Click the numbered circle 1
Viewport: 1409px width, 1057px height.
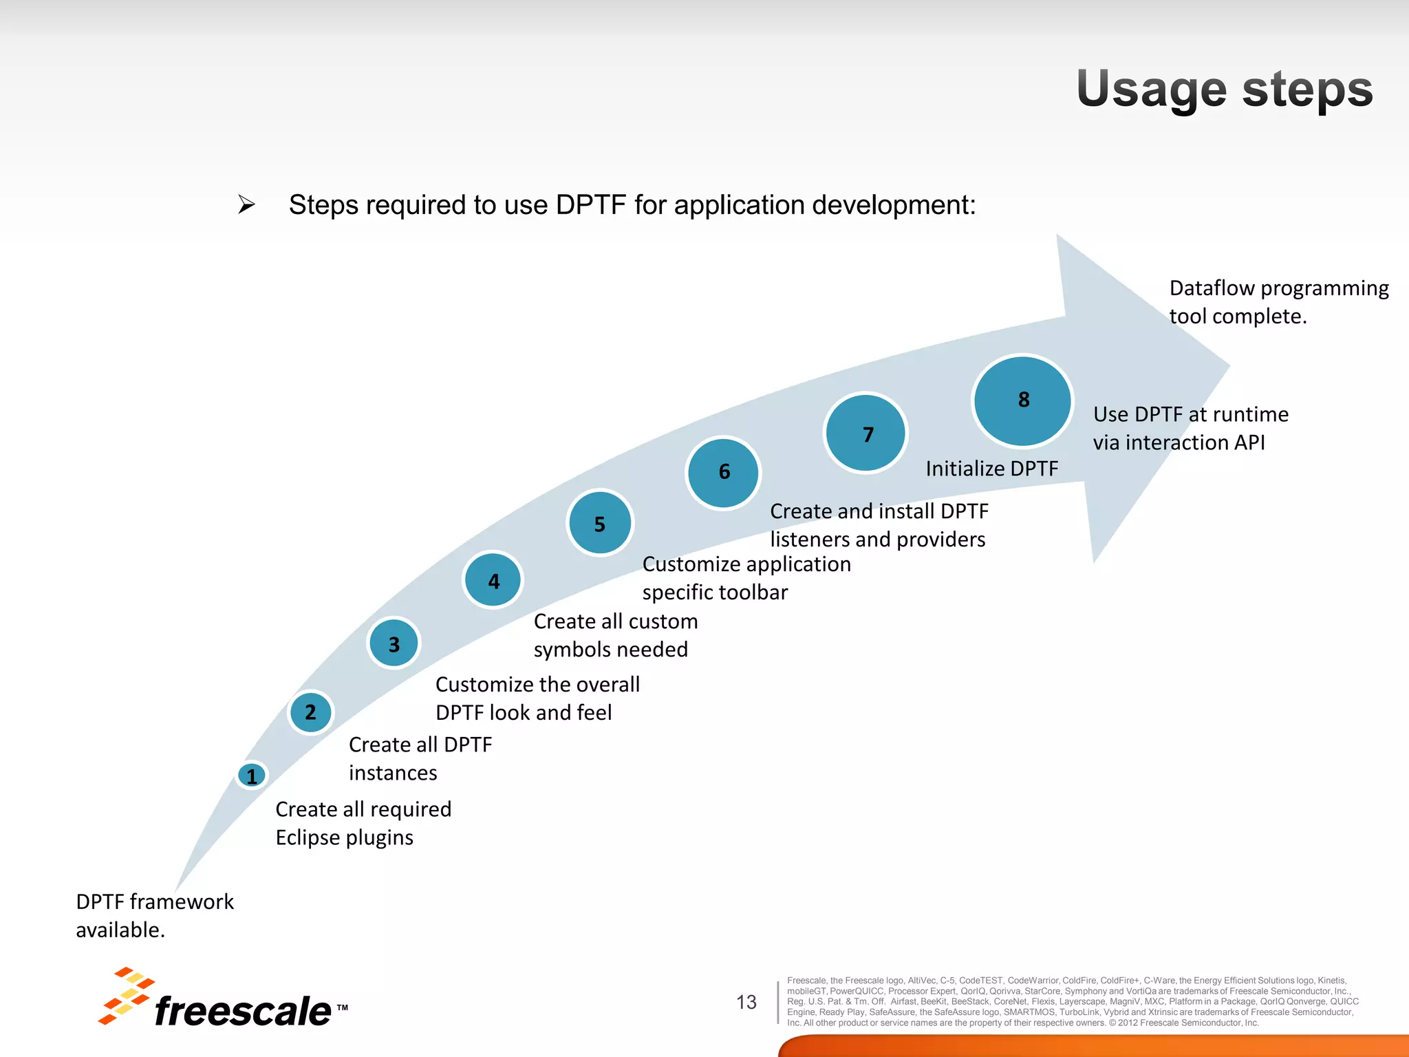pyautogui.click(x=252, y=776)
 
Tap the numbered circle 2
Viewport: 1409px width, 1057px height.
pyautogui.click(x=310, y=712)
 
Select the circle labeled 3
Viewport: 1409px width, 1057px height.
pyautogui.click(x=394, y=643)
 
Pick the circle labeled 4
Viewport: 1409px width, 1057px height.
pyautogui.click(x=493, y=580)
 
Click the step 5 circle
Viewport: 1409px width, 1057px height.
pyautogui.click(x=600, y=524)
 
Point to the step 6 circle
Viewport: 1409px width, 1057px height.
pyautogui.click(x=724, y=472)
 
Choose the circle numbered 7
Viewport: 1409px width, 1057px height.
pyautogui.click(x=866, y=434)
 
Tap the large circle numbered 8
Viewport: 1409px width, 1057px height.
pyautogui.click(x=1023, y=401)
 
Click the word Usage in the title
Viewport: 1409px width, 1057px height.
pyautogui.click(x=1151, y=89)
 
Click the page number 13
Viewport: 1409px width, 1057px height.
pyautogui.click(x=746, y=1002)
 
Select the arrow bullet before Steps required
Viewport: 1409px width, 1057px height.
pyautogui.click(x=246, y=204)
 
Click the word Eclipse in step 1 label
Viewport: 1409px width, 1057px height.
pyautogui.click(x=307, y=837)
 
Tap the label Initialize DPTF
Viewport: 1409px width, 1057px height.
pyautogui.click(x=991, y=469)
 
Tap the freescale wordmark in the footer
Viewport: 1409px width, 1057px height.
pyautogui.click(x=242, y=1010)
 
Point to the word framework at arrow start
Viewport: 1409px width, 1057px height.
pyautogui.click(x=182, y=901)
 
